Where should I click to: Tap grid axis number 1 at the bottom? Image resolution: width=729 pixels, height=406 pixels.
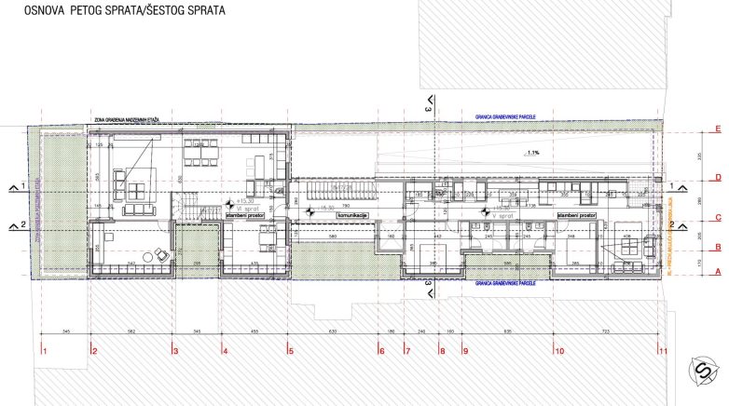coord(44,351)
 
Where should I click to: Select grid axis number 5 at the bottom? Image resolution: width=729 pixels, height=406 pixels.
coord(290,351)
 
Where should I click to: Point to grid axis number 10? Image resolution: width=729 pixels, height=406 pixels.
coord(559,351)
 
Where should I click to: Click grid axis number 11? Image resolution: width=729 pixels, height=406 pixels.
coord(663,351)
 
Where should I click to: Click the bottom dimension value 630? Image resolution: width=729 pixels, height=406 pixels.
coord(334,332)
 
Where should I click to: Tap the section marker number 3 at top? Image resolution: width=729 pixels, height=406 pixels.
coord(429,110)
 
